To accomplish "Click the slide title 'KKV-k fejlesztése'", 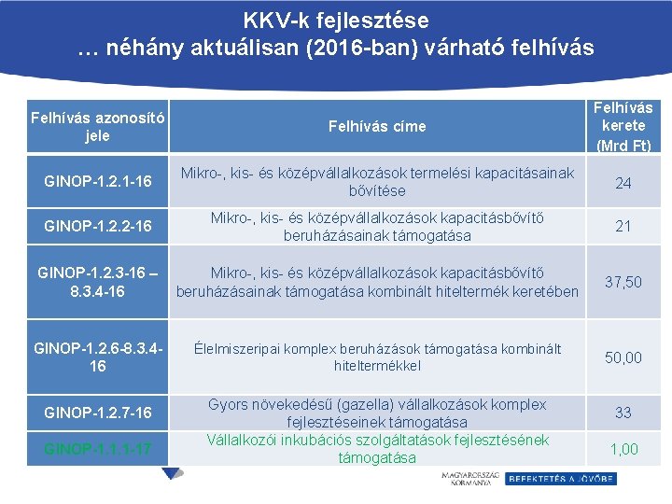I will [x=336, y=20].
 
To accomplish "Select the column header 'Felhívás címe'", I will [x=377, y=126].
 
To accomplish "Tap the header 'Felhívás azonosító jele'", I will [x=97, y=127].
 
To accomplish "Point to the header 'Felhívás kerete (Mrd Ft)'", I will [x=623, y=126].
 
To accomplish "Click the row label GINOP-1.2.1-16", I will [x=97, y=182].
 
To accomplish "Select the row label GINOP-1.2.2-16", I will [x=97, y=227].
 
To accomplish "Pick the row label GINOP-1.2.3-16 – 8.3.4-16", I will [x=97, y=282].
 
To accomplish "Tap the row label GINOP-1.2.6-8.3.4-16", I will [x=97, y=357].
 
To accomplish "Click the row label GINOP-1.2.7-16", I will [x=97, y=413].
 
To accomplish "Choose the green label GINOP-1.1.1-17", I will [x=97, y=449].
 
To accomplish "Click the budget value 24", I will [x=623, y=183].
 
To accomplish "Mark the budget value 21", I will [x=623, y=227].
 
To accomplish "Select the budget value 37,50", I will [x=623, y=282].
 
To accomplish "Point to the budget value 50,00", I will [x=623, y=357].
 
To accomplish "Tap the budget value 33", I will [x=623, y=413].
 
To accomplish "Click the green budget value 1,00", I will [x=623, y=449].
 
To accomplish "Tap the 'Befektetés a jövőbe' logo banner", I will [x=560, y=479].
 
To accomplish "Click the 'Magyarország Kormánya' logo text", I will [x=469, y=479].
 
